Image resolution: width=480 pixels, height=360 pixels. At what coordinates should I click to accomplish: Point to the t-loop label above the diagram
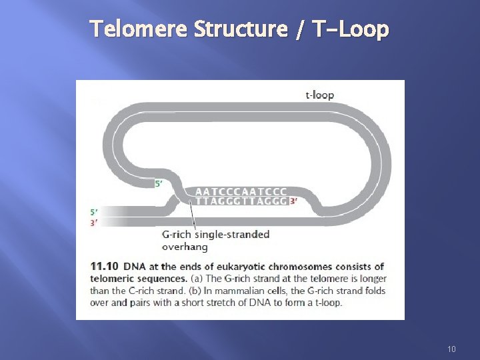319,95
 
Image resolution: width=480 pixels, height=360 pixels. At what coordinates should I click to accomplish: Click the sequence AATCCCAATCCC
241,191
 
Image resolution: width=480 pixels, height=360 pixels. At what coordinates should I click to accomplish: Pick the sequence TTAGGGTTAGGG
241,200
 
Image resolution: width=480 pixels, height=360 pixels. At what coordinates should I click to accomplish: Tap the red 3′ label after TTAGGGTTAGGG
293,201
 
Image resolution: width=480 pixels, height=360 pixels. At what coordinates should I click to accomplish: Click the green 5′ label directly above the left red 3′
93,213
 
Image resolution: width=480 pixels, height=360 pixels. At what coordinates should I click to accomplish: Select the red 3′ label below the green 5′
93,223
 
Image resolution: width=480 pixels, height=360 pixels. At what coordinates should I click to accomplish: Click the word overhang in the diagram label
185,246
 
